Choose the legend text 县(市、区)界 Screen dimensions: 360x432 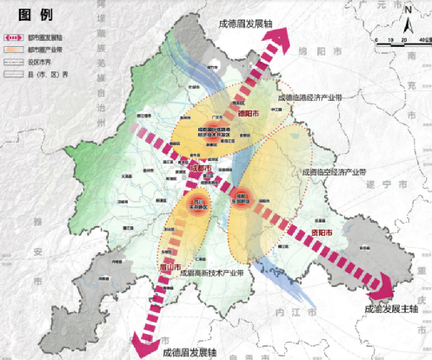(x=49, y=75)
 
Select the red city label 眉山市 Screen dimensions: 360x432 (x=169, y=266)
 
